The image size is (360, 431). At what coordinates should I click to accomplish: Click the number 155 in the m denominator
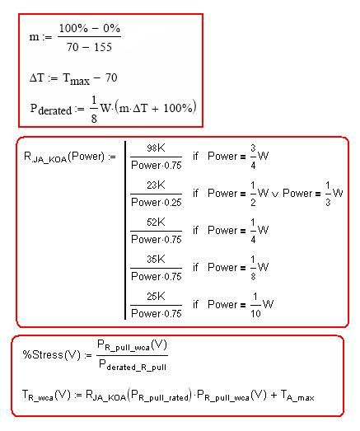103,47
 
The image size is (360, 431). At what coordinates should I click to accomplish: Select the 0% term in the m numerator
111,28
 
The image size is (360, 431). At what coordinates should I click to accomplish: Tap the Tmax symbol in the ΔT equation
76,79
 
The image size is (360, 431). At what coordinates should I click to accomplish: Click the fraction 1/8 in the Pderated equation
94,110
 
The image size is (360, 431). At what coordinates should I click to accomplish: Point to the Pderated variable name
51,110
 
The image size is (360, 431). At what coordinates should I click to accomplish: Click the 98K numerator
156,148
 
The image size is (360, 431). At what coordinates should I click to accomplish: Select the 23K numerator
156,185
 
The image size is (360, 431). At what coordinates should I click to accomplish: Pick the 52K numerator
156,223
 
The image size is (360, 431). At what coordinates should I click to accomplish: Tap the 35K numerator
156,260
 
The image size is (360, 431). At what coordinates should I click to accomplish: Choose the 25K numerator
156,297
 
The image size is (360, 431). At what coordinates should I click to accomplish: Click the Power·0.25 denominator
157,203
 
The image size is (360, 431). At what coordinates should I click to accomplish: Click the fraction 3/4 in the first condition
253,157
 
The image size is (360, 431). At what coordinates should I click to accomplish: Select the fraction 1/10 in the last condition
255,305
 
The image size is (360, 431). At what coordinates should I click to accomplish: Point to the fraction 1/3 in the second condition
328,194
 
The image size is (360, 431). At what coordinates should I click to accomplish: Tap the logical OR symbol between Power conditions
275,194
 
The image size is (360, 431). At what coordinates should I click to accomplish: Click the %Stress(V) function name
52,355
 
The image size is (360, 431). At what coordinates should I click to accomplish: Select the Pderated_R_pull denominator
133,365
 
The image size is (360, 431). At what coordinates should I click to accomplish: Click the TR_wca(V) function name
46,396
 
